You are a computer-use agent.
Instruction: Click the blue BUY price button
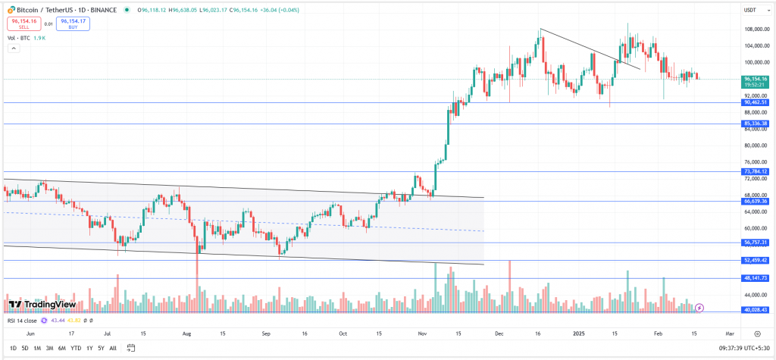point(73,23)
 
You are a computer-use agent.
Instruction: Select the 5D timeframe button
point(24,349)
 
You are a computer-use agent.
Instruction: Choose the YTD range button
point(76,349)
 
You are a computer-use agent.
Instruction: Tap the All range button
point(113,349)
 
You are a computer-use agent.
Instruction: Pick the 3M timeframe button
point(49,349)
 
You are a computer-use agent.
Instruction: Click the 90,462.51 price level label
point(755,102)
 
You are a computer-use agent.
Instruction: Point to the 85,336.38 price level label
point(755,124)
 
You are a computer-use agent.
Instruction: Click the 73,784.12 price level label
point(755,171)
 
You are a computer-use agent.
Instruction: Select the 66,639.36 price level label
point(755,202)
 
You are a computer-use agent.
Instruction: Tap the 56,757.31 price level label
point(755,243)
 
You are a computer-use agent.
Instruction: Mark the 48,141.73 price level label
point(755,278)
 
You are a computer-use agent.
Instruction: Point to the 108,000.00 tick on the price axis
point(756,30)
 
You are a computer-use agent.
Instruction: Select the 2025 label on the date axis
point(578,333)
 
